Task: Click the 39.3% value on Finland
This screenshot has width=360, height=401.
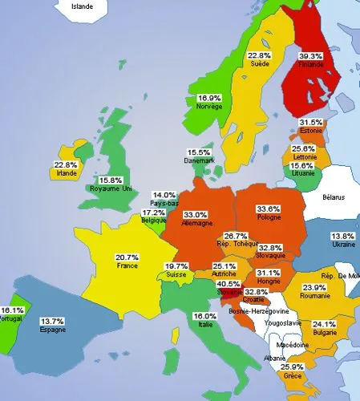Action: tap(311, 56)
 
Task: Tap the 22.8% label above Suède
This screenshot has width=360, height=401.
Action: tap(258, 55)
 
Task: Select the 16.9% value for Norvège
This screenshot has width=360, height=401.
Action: tap(210, 98)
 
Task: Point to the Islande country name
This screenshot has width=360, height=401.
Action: tap(82, 6)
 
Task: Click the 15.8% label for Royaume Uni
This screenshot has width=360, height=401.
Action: tap(110, 180)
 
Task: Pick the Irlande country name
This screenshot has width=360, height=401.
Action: tap(66, 173)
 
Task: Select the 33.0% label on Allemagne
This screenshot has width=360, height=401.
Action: tap(196, 215)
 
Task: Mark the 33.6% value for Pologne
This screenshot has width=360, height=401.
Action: tap(269, 209)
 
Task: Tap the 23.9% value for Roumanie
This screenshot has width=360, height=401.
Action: tap(313, 287)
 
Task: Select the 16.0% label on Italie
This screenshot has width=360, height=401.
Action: tap(205, 317)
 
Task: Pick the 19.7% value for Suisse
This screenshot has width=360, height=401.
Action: tap(176, 266)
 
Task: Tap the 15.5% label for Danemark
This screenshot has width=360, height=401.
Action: tap(199, 152)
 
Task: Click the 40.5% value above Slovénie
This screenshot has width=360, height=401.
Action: tap(229, 284)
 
